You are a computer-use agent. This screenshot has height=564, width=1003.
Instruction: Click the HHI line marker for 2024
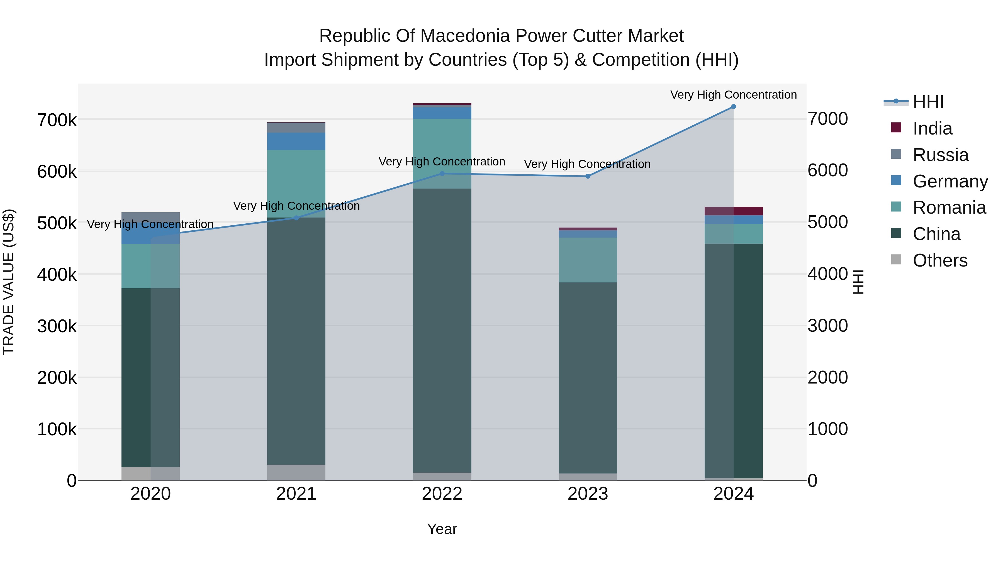[x=734, y=107]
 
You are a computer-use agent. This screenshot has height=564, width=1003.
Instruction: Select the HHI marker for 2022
[x=442, y=174]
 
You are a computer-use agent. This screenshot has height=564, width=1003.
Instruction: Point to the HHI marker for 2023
[x=588, y=176]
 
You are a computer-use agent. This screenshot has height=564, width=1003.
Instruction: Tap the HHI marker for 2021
[x=296, y=218]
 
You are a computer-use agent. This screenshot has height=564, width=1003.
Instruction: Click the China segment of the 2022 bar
[x=442, y=331]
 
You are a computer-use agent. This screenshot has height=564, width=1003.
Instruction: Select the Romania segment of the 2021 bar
[x=296, y=183]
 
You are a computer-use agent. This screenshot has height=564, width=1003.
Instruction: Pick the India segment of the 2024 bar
[x=734, y=211]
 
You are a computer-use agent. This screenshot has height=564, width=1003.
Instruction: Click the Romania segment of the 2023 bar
[x=588, y=260]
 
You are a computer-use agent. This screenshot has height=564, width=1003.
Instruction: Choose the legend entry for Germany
[x=950, y=181]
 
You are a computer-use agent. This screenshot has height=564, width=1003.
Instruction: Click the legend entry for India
[x=932, y=128]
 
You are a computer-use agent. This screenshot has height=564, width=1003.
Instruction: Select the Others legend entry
[x=939, y=260]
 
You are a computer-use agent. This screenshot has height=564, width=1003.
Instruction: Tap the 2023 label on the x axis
[x=588, y=494]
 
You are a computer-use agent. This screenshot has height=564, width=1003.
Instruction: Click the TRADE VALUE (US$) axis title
[x=9, y=282]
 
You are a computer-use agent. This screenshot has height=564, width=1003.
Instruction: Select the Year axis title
[x=442, y=529]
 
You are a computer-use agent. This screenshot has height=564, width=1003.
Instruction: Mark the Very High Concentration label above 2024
[x=734, y=95]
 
